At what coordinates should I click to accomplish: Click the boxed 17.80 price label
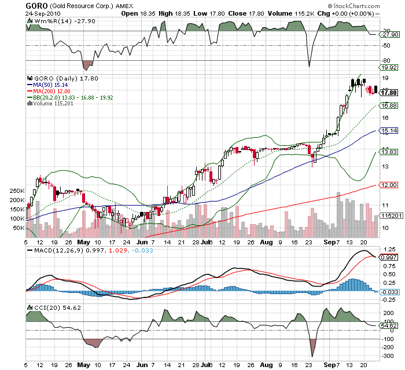click(388, 92)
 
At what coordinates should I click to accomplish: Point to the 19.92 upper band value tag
click(388, 67)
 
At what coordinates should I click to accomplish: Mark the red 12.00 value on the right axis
click(388, 185)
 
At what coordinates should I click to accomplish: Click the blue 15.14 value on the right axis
click(388, 131)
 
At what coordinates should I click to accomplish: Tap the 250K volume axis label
click(16, 191)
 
